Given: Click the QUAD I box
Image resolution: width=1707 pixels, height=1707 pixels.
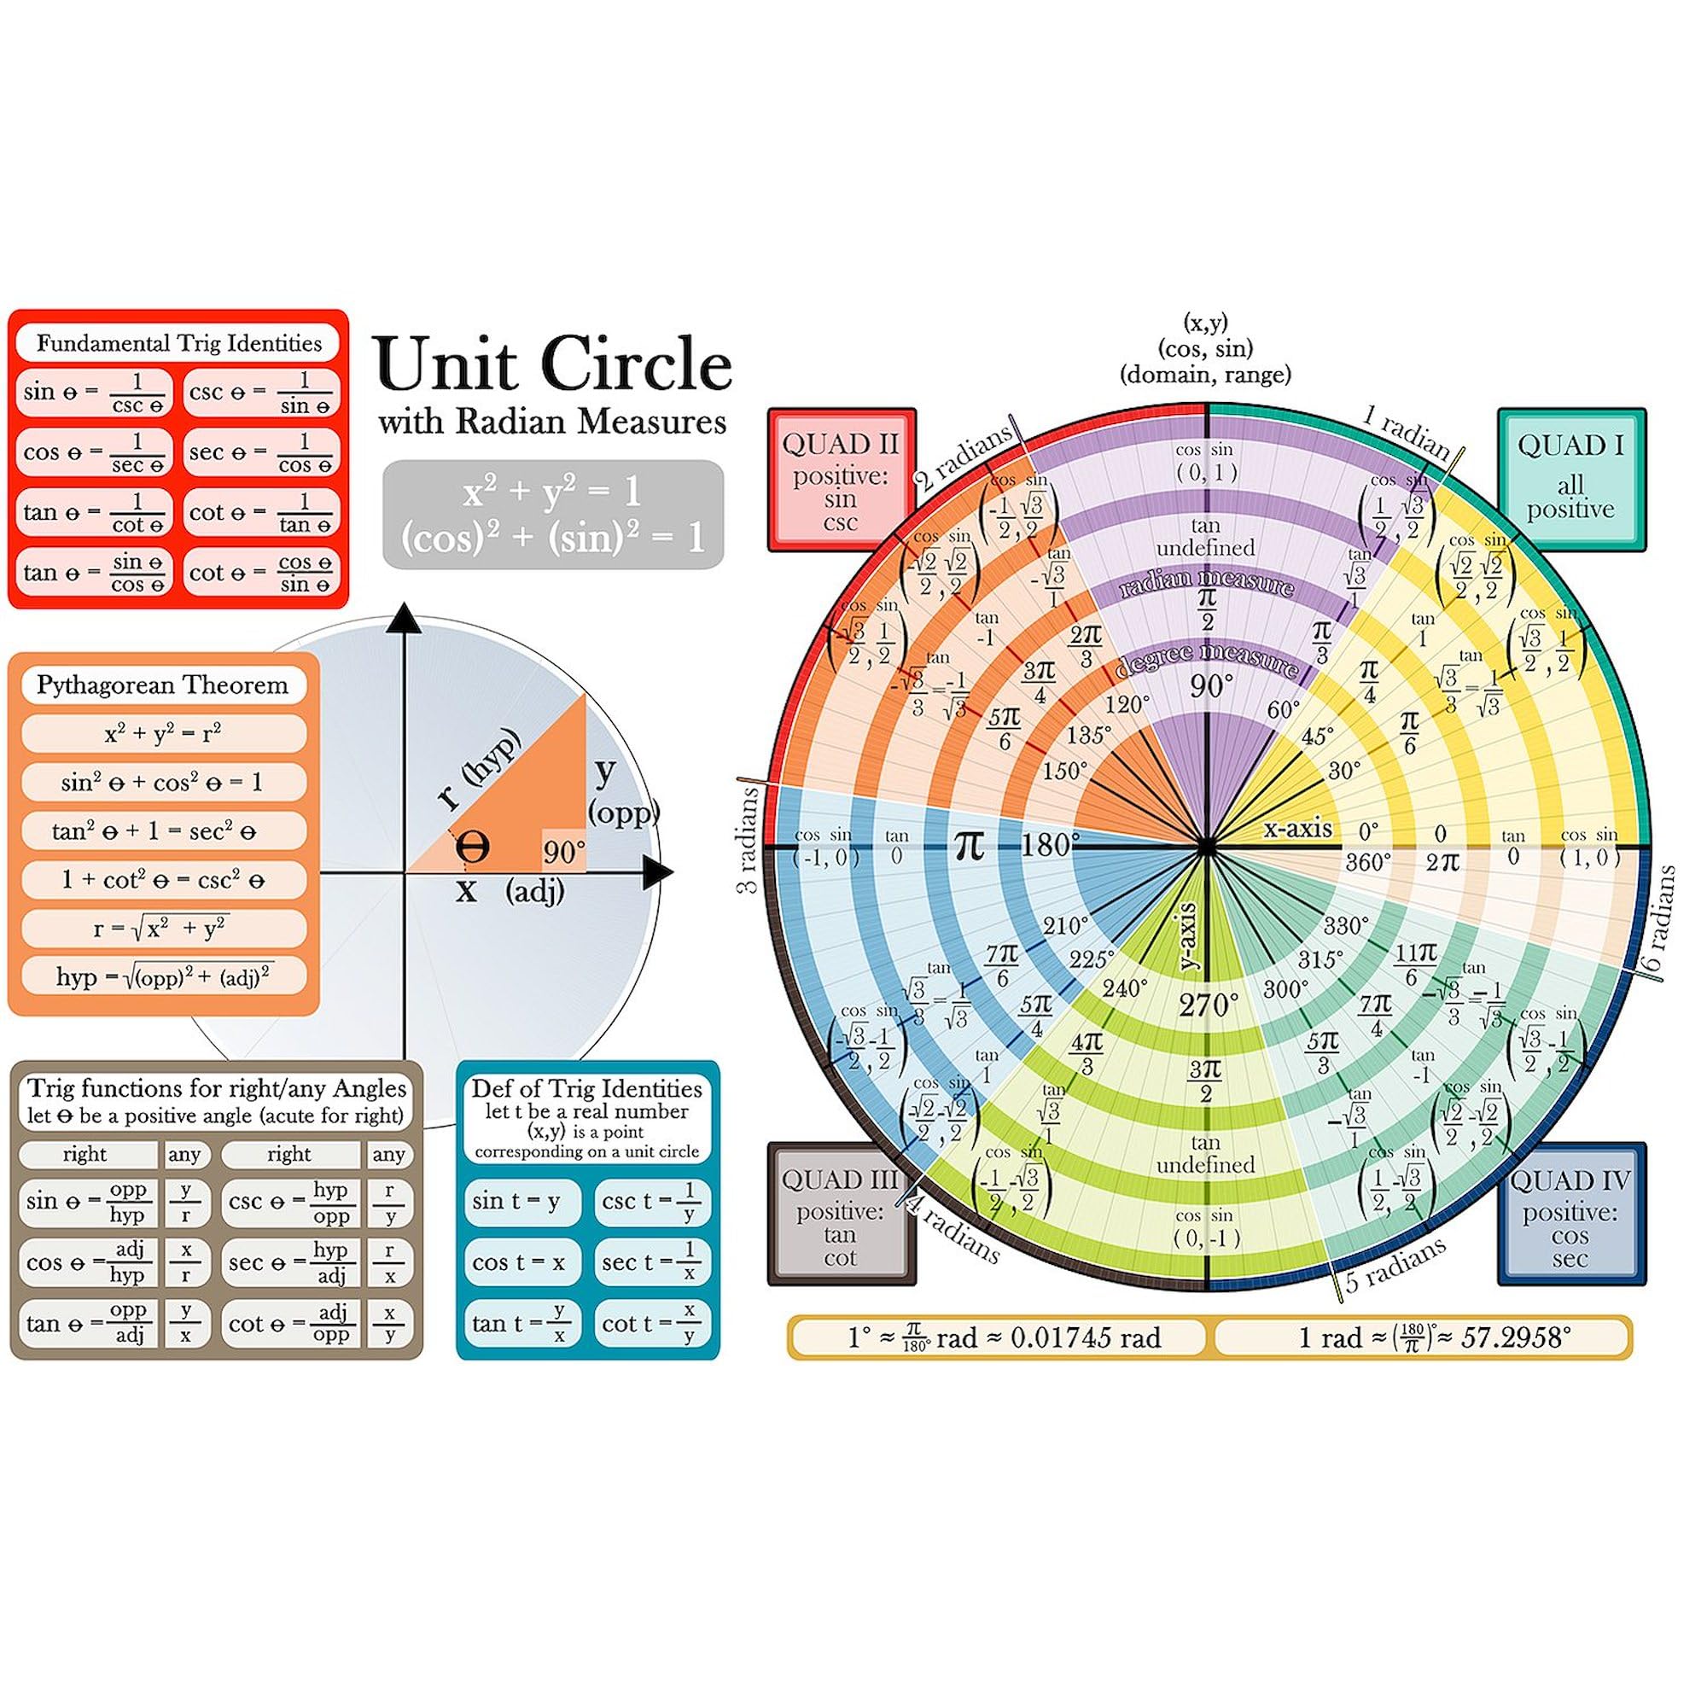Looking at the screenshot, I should (x=1570, y=480).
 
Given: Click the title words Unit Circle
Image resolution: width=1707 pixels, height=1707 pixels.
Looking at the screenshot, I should (x=553, y=365).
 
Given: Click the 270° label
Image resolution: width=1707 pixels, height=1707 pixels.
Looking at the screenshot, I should (x=1209, y=1005).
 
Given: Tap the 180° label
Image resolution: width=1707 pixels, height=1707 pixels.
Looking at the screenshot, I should (x=1050, y=846).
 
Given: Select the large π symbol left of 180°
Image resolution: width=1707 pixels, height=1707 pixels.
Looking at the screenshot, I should (x=970, y=846).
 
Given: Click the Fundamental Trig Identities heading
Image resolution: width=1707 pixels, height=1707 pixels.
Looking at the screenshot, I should (x=178, y=343).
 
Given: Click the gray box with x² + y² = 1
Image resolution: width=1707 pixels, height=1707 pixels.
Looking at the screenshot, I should (x=553, y=513).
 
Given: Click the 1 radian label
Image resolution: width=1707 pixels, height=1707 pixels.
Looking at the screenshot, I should (x=1405, y=431).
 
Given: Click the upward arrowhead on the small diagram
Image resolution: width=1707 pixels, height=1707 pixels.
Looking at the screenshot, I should (x=405, y=619).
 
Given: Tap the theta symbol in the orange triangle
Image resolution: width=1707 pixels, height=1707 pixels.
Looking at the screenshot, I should (x=473, y=848).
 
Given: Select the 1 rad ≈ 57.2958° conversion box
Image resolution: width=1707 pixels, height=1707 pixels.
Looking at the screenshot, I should (x=1423, y=1337).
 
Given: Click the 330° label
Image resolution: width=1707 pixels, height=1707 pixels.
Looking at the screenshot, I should (x=1346, y=926).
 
